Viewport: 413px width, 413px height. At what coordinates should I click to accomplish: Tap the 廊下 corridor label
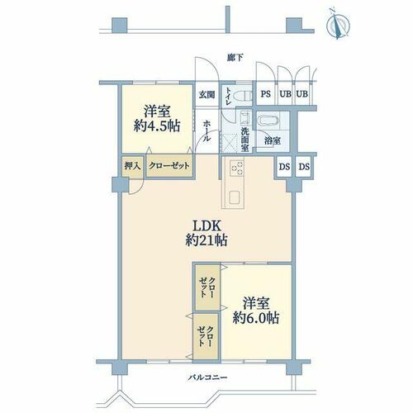235,58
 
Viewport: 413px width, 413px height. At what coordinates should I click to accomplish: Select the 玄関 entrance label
206,95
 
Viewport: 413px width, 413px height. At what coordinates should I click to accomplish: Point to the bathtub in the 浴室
269,121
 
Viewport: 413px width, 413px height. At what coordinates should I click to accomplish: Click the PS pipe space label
266,94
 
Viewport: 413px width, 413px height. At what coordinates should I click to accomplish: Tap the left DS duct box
284,167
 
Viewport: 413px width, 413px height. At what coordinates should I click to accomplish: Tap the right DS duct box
304,167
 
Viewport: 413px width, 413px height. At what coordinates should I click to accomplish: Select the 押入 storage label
132,166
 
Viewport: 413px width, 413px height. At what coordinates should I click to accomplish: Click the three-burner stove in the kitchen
237,168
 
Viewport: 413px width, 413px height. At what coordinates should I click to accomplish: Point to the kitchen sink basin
234,197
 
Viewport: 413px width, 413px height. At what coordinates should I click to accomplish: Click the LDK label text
206,226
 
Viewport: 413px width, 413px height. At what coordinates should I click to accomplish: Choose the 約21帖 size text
206,240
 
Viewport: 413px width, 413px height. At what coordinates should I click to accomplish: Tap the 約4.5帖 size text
157,126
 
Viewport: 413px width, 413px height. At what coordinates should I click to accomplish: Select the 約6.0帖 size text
256,318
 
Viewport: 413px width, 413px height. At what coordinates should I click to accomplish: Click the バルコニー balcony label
208,377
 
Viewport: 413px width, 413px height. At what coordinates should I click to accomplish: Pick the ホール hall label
207,131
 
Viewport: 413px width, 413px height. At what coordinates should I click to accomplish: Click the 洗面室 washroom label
244,140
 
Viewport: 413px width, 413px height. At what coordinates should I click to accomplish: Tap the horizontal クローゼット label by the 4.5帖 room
169,166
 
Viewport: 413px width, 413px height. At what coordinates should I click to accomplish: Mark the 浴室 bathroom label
273,141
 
